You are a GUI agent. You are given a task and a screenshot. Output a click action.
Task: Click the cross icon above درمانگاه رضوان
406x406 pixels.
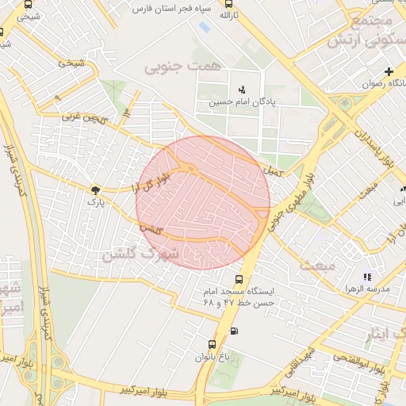[x=389, y=72]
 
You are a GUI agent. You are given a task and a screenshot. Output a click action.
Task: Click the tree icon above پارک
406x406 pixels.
[x=96, y=190]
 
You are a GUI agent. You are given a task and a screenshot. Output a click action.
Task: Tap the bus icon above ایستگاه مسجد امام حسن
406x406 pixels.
[x=239, y=279]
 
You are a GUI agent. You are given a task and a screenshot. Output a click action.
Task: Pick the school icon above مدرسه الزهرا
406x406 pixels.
[x=366, y=277]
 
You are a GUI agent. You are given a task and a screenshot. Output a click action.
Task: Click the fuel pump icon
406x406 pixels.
[x=233, y=331]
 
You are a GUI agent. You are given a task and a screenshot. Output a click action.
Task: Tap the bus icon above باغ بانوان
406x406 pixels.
[x=212, y=344]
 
